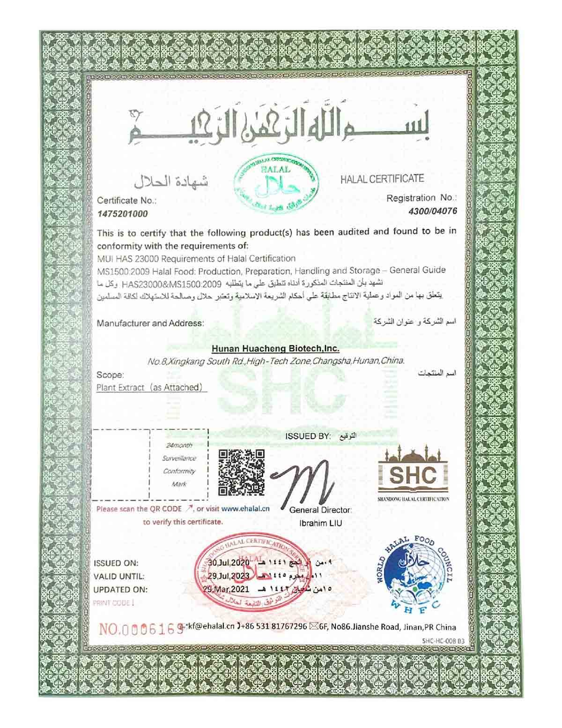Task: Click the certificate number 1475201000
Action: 122,214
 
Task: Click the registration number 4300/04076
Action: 432,211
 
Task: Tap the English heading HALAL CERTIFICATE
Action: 382,179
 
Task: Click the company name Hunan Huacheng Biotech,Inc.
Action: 275,349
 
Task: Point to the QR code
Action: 242,473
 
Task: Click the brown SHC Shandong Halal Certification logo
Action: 414,473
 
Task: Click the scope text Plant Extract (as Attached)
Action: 150,388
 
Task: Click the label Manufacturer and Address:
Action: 150,323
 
